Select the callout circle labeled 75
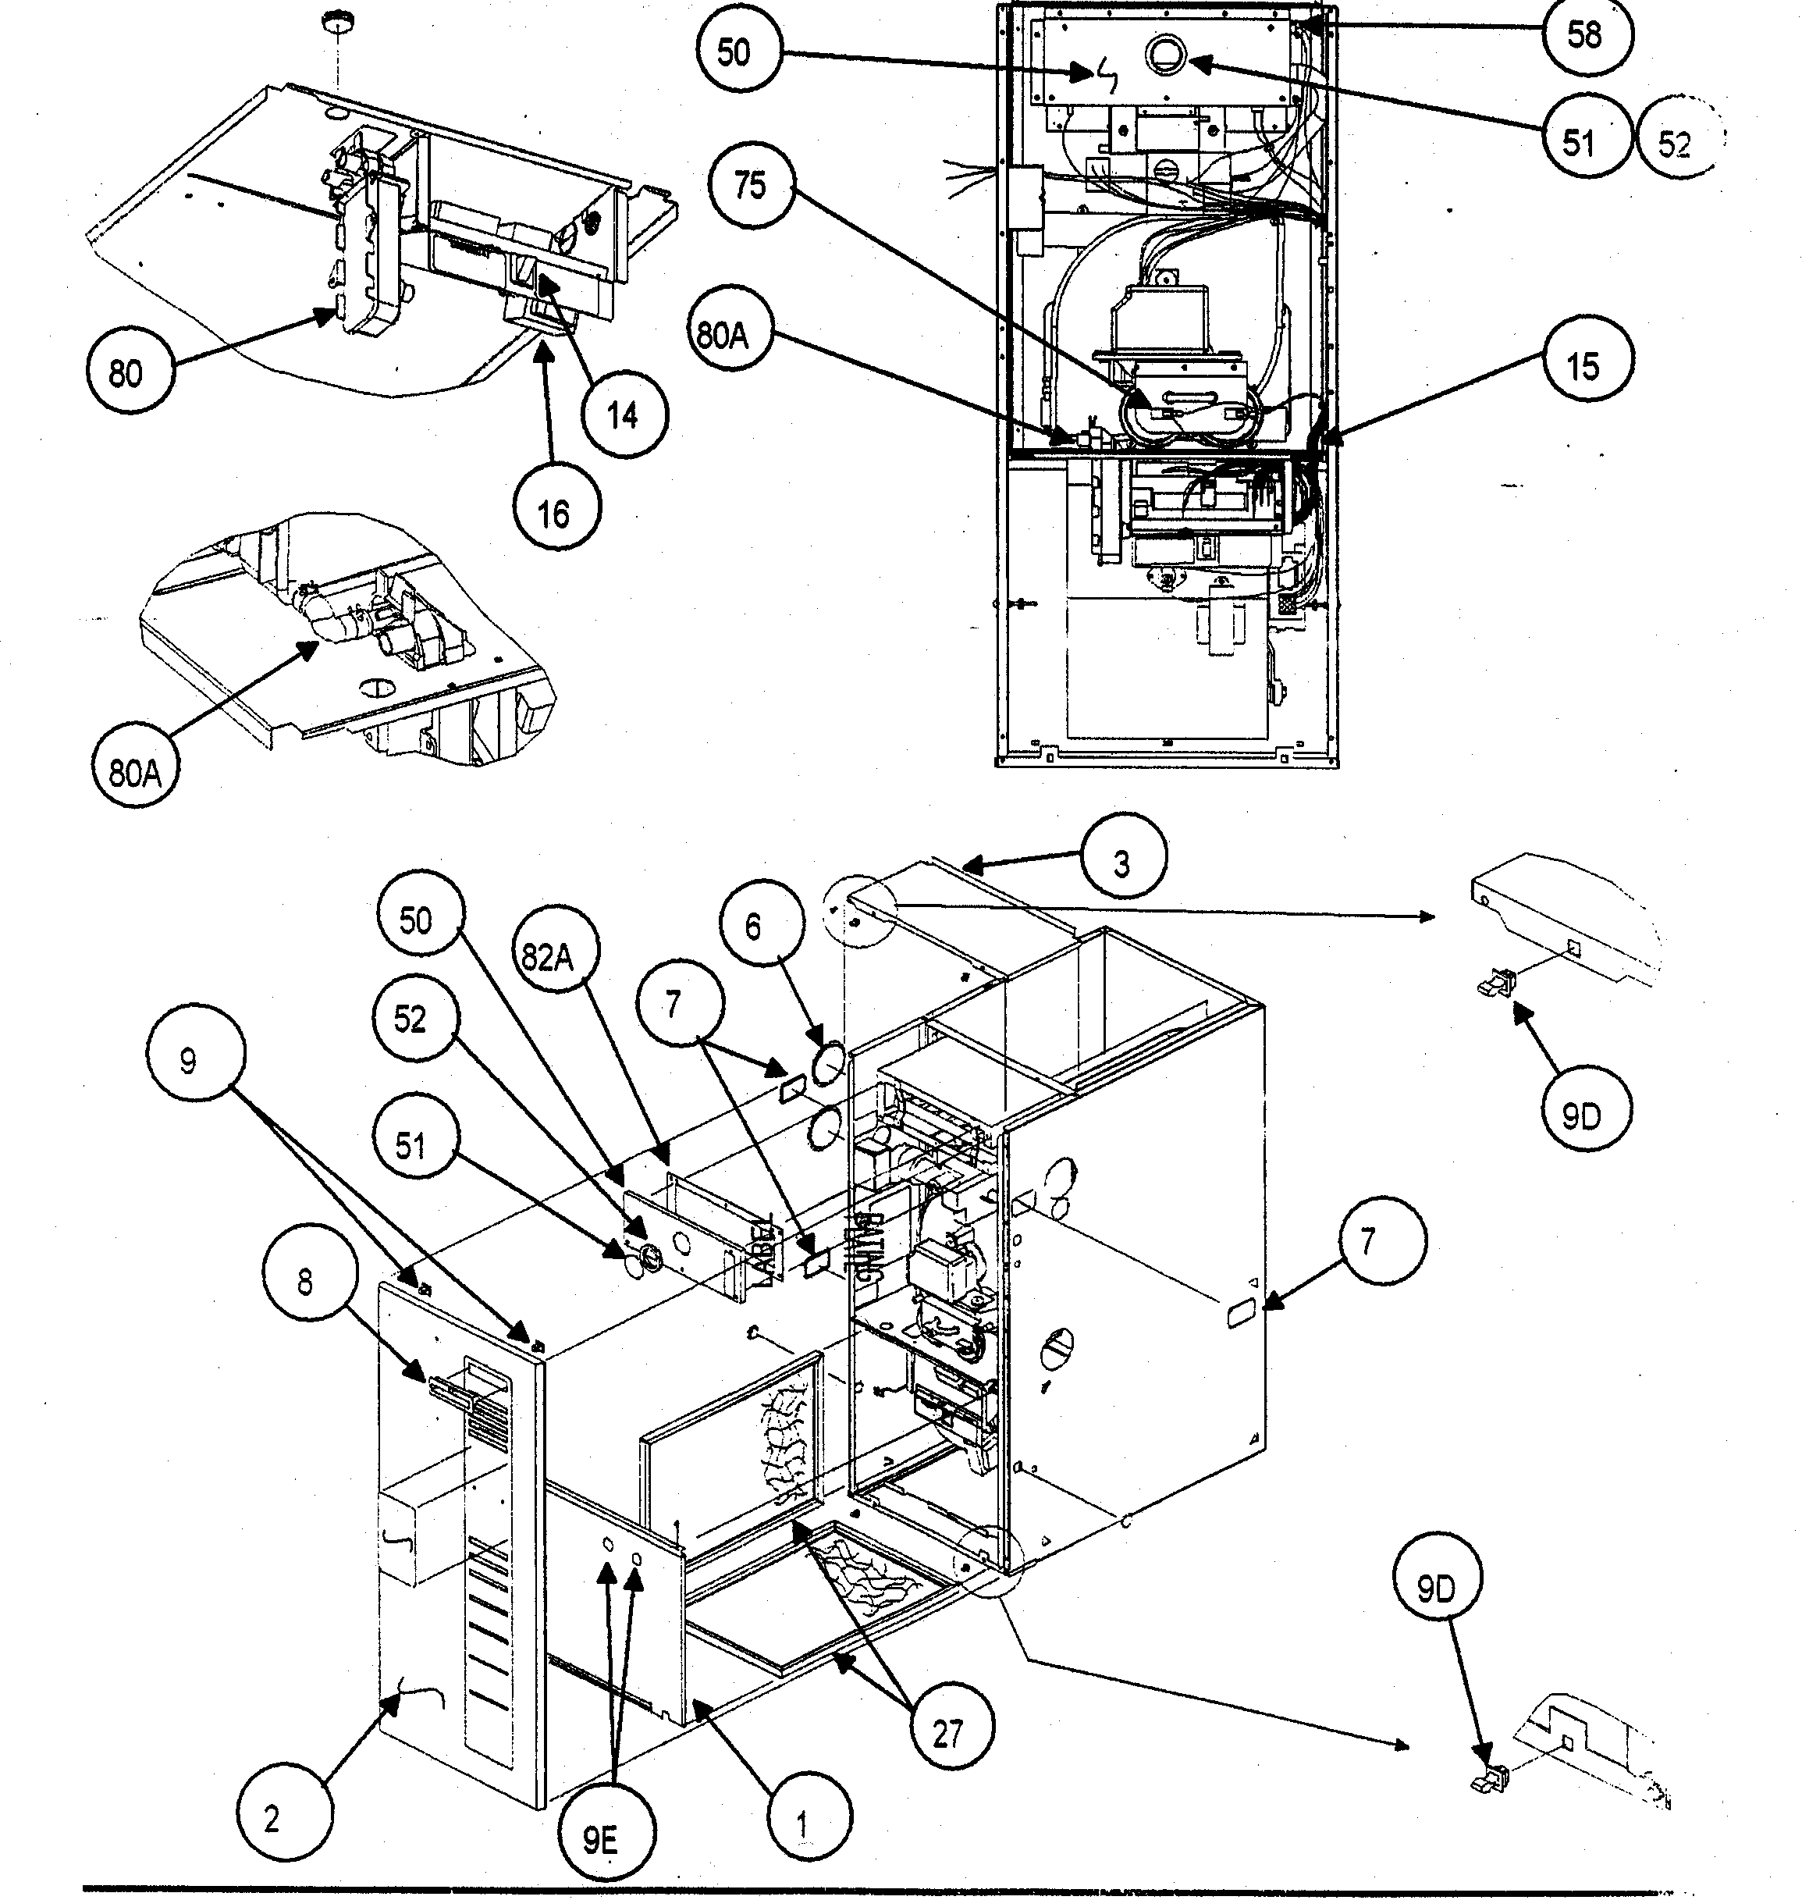pyautogui.click(x=750, y=183)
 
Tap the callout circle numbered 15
pyautogui.click(x=1583, y=365)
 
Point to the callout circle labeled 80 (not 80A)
pyautogui.click(x=126, y=372)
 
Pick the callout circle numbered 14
pyautogui.click(x=624, y=415)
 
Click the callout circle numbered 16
pyautogui.click(x=553, y=514)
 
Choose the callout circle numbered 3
pyautogui.click(x=1122, y=863)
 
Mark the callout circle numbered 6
pyautogui.click(x=753, y=927)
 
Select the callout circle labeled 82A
pyautogui.click(x=549, y=957)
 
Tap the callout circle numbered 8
pyautogui.click(x=304, y=1282)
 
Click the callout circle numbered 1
pyautogui.click(x=803, y=1824)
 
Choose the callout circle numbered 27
pyautogui.click(x=947, y=1733)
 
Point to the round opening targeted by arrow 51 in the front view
pyautogui.click(x=1170, y=55)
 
